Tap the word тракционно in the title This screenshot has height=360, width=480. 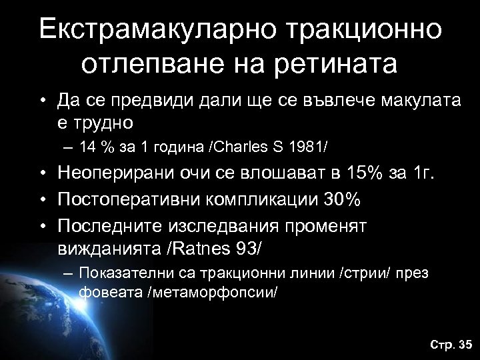tap(359, 28)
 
